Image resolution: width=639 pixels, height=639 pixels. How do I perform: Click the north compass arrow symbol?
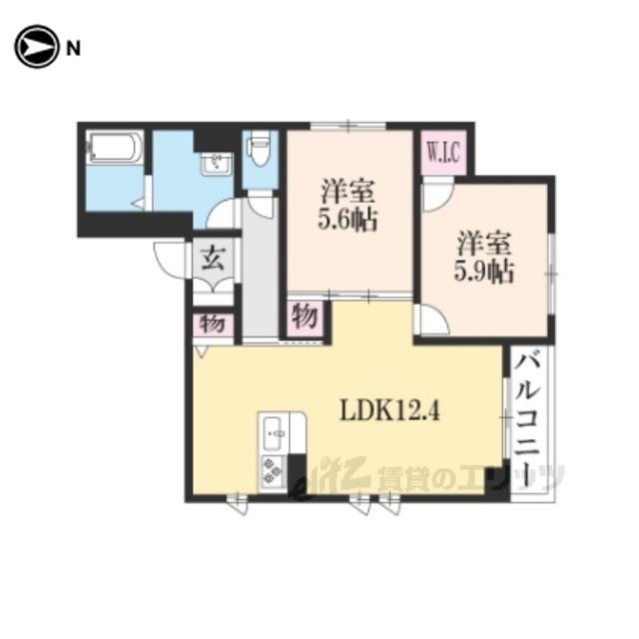pos(36,47)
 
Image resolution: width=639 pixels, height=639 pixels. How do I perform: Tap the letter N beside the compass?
pos(73,49)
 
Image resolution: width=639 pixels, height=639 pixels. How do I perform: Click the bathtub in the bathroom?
pos(116,148)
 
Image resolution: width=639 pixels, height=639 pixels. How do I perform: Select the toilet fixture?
pos(260,147)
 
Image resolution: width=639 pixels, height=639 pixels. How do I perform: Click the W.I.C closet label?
pos(443,152)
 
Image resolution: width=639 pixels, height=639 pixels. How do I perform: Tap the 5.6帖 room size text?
pos(347,220)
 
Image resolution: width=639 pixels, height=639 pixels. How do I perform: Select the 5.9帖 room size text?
pos(484,271)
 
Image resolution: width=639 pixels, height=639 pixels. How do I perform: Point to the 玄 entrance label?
pos(213,260)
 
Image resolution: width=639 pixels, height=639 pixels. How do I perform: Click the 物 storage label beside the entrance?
pos(213,323)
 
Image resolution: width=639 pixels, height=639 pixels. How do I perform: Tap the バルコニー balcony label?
pos(527,418)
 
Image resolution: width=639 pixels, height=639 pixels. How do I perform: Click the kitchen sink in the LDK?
pos(273,432)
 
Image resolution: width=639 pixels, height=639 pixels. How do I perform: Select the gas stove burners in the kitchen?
pos(273,471)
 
